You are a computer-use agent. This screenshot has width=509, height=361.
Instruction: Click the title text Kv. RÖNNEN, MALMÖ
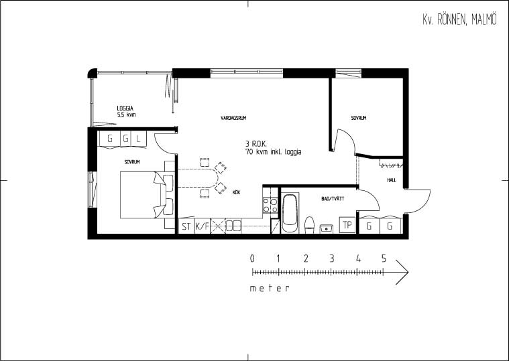pyautogui.click(x=459, y=20)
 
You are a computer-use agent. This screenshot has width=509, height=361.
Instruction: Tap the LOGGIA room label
pyautogui.click(x=125, y=109)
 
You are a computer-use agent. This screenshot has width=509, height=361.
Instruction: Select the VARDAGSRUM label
pyautogui.click(x=233, y=118)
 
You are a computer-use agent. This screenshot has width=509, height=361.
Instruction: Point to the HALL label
pyautogui.click(x=392, y=180)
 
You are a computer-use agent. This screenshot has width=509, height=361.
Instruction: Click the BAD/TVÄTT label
pyautogui.click(x=333, y=199)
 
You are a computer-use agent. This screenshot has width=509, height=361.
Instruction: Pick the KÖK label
pyautogui.click(x=236, y=192)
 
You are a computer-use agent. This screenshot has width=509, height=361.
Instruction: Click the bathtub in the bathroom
pyautogui.click(x=290, y=213)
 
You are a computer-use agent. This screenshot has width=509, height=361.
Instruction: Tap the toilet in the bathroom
pyautogui.click(x=310, y=225)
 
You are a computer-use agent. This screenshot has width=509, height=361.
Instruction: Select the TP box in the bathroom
pyautogui.click(x=347, y=224)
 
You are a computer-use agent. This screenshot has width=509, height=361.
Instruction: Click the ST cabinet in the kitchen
pyautogui.click(x=186, y=226)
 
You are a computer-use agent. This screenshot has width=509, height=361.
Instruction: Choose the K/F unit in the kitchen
pyautogui.click(x=203, y=226)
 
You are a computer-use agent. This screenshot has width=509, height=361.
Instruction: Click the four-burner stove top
pyautogui.click(x=270, y=205)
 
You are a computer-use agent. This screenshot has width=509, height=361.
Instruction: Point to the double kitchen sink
pyautogui.click(x=234, y=226)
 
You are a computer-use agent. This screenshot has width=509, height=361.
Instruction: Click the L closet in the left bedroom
pyautogui.click(x=139, y=139)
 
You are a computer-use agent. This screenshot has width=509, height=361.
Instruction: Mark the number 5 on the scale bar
pyautogui.click(x=384, y=259)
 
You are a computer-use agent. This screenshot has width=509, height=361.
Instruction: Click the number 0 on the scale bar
pyautogui.click(x=252, y=259)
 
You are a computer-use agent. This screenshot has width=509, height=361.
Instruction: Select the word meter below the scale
pyautogui.click(x=270, y=288)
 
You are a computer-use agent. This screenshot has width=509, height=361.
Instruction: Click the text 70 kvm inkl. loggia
pyautogui.click(x=274, y=151)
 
